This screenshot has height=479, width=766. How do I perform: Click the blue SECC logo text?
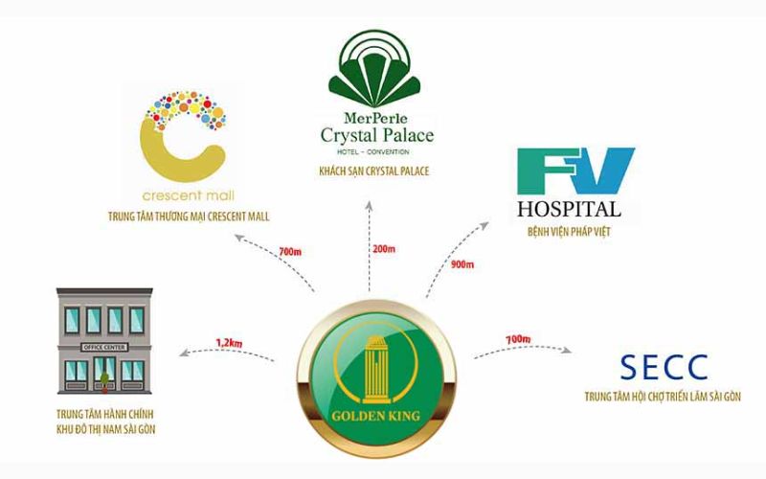coord(664,366)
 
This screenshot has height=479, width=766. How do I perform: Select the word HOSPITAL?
coord(569,209)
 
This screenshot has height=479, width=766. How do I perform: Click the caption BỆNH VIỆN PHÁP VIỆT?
coord(569,231)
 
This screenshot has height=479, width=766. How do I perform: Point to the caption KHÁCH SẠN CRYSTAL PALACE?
coord(374,171)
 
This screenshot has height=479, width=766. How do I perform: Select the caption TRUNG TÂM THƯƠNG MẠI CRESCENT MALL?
coord(189,217)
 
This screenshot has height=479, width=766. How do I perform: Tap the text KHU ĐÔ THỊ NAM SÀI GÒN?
coord(100,429)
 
